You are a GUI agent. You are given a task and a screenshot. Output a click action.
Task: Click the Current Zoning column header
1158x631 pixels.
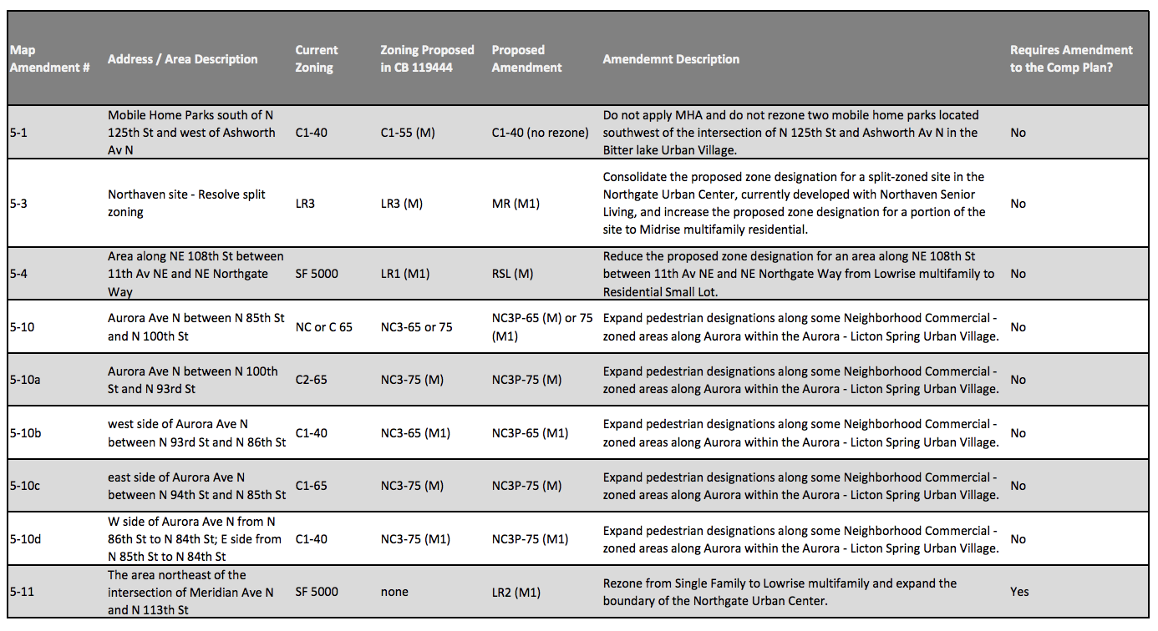(x=317, y=58)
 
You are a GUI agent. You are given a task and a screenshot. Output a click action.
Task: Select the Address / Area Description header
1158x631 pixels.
(x=182, y=59)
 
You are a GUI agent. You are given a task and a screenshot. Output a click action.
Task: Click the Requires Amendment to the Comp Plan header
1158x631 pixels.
(x=1071, y=58)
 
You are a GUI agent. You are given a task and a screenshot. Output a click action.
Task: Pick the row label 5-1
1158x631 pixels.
(x=18, y=133)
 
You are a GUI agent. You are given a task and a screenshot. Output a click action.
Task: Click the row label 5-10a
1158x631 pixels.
(x=25, y=380)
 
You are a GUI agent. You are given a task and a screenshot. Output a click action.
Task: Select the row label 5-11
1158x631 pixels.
(x=22, y=592)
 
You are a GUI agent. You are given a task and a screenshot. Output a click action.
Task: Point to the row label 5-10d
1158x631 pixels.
(x=25, y=539)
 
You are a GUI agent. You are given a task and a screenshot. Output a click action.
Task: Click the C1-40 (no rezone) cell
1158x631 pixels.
(x=540, y=133)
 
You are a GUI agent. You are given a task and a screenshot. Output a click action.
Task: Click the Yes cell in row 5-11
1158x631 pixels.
(x=1019, y=592)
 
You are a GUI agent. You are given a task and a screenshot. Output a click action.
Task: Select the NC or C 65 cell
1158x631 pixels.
(x=324, y=327)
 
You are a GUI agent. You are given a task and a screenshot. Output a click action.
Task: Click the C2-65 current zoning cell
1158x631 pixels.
(x=312, y=380)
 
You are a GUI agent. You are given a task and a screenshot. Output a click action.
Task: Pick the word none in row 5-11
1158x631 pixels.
(x=394, y=592)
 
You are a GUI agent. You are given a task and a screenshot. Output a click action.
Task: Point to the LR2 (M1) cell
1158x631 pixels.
(x=516, y=593)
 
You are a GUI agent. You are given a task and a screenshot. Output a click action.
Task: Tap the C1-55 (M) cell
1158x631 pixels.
(x=408, y=133)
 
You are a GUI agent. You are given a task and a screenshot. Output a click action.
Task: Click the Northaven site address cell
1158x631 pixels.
(x=186, y=204)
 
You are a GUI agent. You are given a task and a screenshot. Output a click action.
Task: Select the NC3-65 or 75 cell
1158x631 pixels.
(x=416, y=327)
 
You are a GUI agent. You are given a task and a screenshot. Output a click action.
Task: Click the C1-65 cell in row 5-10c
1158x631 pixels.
(x=312, y=486)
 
